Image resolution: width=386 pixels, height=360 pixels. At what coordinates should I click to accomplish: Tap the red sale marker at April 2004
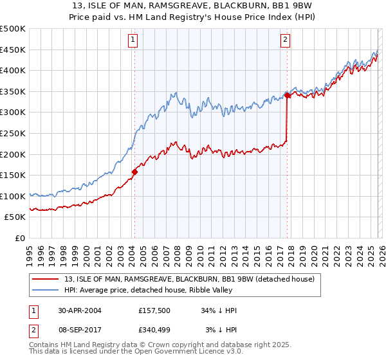point(134,172)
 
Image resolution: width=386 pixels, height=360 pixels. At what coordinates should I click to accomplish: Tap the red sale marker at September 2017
point(287,96)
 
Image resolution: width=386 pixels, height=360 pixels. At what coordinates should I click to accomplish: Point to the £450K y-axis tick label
point(13,50)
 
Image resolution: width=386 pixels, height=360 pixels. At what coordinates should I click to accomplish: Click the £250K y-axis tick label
point(13,133)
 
